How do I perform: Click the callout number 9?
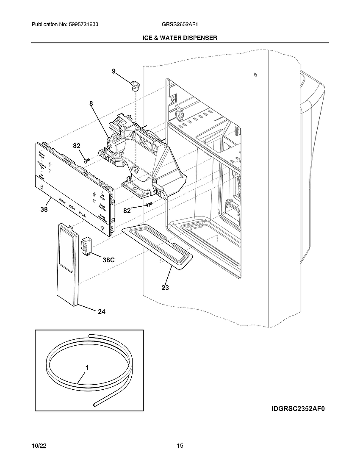(114, 72)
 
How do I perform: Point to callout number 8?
(91, 103)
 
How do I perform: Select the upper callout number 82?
(77, 146)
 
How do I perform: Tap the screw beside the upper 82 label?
(87, 160)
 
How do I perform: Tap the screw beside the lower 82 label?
(149, 204)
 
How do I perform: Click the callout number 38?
(44, 209)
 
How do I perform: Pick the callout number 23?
(165, 288)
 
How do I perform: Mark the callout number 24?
(102, 312)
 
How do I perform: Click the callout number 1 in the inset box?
(87, 369)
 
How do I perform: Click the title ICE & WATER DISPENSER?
(180, 38)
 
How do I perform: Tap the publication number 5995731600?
(83, 25)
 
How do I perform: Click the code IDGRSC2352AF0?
(300, 409)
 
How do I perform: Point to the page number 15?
(180, 446)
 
